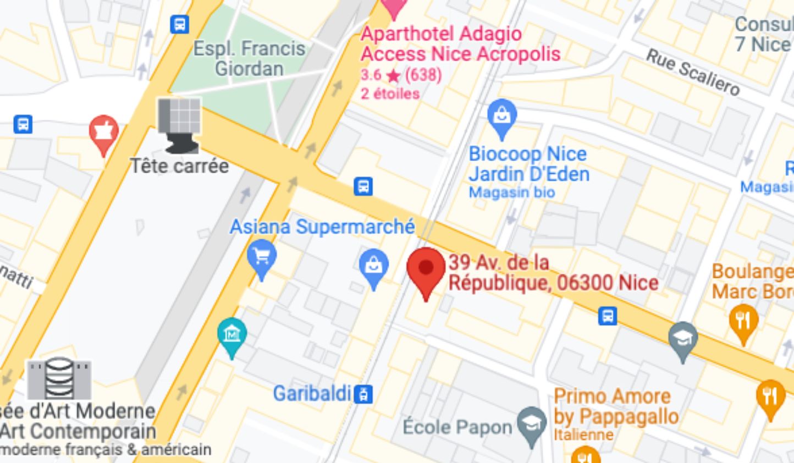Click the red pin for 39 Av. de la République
tap(426, 269)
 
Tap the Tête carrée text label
tap(179, 166)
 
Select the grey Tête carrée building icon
tap(180, 124)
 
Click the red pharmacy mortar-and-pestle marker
tap(103, 132)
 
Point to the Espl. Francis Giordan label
tap(249, 58)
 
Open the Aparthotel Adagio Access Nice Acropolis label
tap(460, 44)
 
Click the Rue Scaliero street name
tap(692, 71)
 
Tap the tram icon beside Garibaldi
tap(363, 394)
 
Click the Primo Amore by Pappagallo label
tap(615, 406)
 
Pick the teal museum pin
tap(231, 334)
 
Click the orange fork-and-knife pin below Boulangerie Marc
tap(743, 321)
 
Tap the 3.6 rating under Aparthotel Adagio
tap(371, 74)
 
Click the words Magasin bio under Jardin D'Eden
tap(511, 192)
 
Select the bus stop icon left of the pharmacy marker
tap(23, 124)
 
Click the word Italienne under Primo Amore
tap(583, 434)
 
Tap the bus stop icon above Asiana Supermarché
tap(363, 186)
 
